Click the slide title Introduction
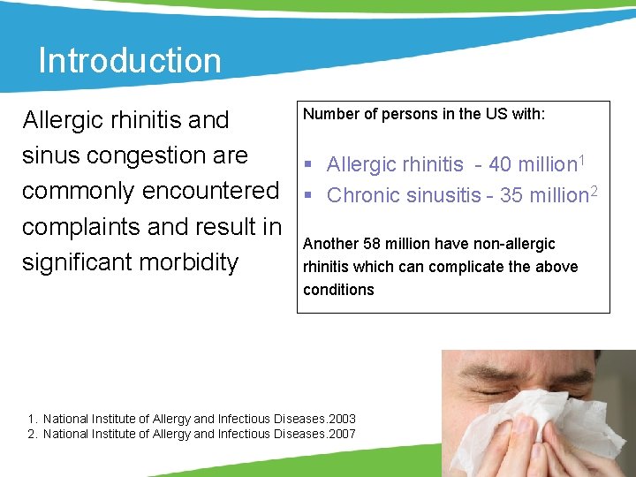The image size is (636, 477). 129,61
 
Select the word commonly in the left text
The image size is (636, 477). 79,191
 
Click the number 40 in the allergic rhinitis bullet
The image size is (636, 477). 500,164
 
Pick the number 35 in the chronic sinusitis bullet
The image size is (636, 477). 511,195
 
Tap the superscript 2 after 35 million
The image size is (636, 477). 594,189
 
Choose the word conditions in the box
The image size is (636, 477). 338,290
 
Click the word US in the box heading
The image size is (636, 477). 469,114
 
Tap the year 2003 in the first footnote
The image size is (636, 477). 341,418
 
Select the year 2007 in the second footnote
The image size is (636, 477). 341,433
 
